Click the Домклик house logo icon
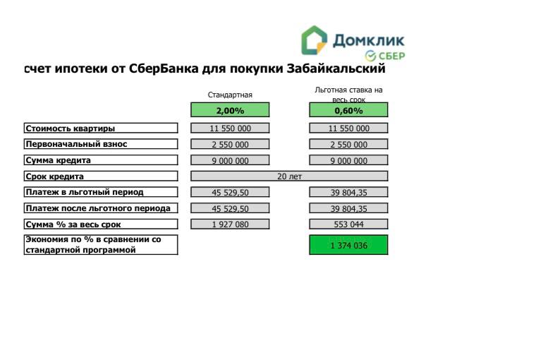point(314,40)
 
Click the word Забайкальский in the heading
point(336,68)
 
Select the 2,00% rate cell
point(230,110)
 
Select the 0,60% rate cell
point(348,110)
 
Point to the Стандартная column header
point(230,95)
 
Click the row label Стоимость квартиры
point(71,128)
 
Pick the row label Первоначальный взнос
point(77,144)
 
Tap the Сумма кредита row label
point(59,160)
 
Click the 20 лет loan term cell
point(289,176)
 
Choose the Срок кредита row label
point(55,176)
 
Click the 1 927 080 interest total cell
point(230,224)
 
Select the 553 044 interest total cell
point(348,224)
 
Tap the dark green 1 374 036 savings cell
point(348,245)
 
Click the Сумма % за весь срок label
point(73,224)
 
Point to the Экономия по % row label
point(93,244)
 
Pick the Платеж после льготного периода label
point(98,208)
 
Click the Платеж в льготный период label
point(85,192)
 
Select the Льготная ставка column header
point(348,95)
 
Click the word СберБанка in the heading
point(164,68)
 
